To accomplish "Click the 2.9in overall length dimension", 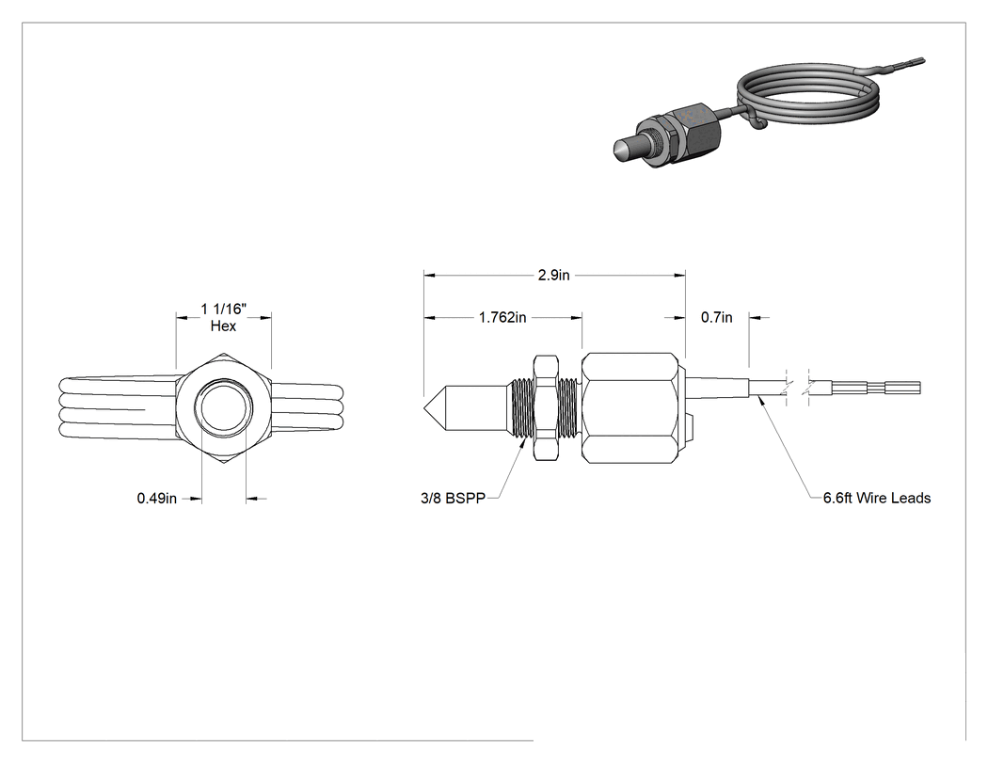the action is coord(554,276).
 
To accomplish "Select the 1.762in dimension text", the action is coord(502,318).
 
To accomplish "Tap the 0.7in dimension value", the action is coord(717,318).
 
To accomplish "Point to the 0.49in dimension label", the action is coord(157,499).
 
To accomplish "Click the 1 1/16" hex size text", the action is coord(224,309).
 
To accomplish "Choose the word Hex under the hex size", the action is coord(224,326).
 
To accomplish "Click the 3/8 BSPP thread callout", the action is coord(453,499).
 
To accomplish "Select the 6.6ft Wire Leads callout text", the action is coord(877,498).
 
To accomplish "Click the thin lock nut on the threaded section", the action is coord(546,407).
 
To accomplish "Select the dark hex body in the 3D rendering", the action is coord(695,129).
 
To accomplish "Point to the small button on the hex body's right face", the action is coord(691,428).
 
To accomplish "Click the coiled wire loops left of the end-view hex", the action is coord(119,408).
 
